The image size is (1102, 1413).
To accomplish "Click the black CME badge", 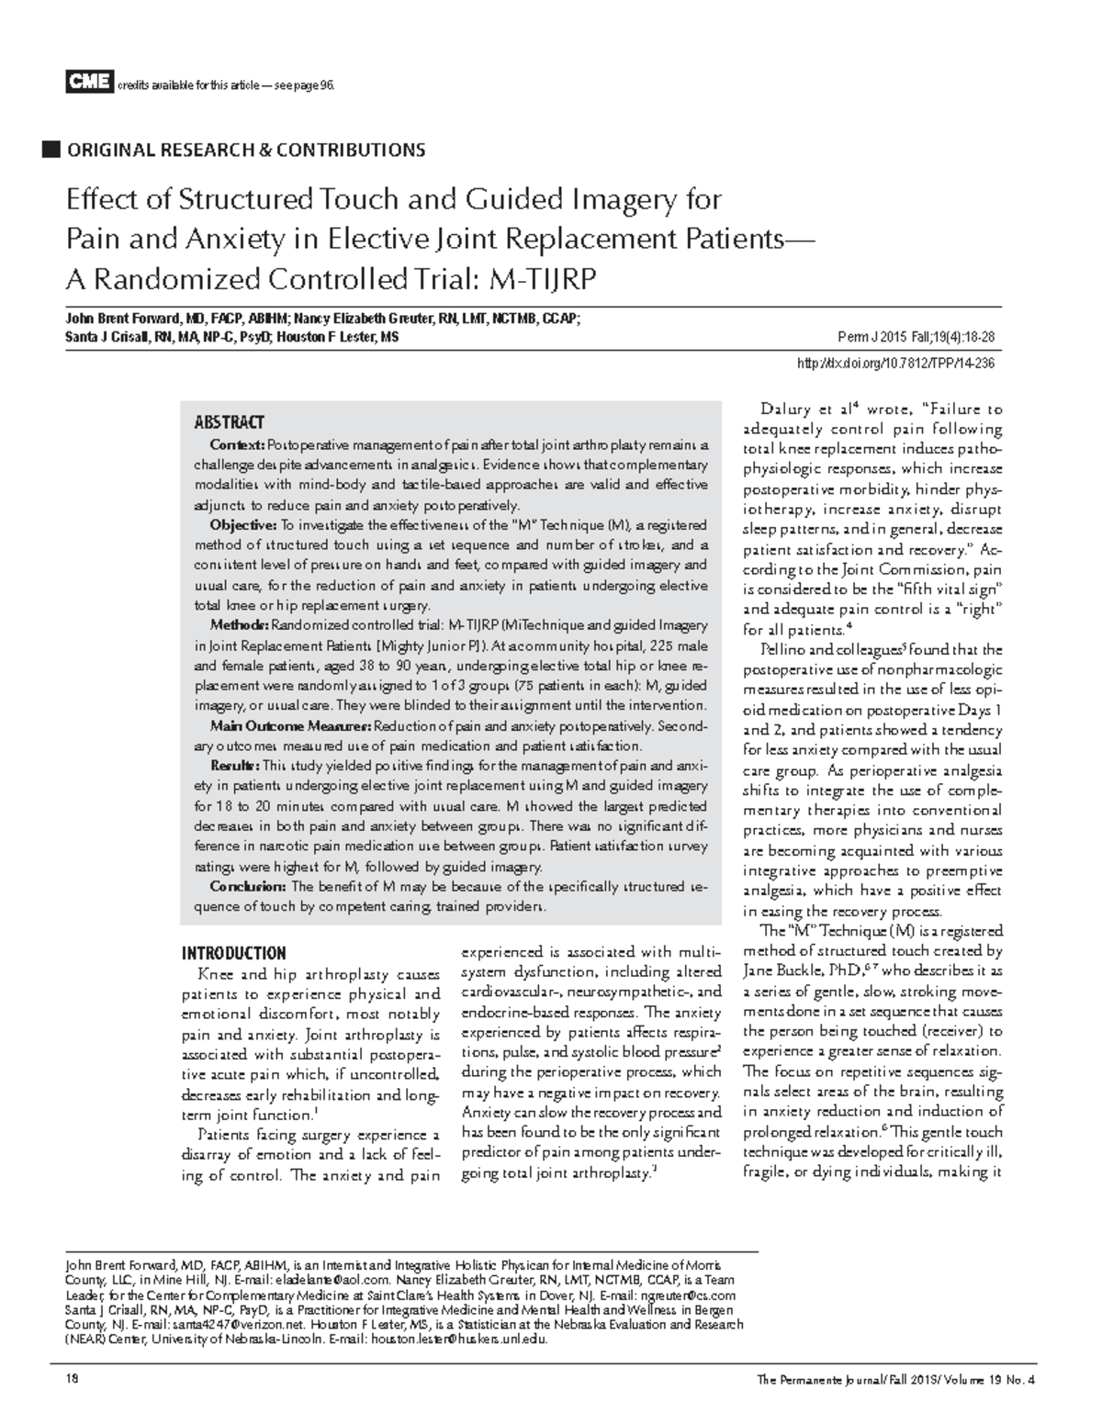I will click(88, 83).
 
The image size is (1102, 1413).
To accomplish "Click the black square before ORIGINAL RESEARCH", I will click(51, 149).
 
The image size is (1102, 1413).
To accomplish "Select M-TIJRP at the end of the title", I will click(545, 278).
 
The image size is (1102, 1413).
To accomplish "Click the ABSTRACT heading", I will click(229, 423).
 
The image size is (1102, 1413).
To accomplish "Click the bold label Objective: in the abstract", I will click(242, 525).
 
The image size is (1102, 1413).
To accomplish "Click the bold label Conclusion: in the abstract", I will click(247, 887).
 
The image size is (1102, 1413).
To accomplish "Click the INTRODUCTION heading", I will click(233, 953).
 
